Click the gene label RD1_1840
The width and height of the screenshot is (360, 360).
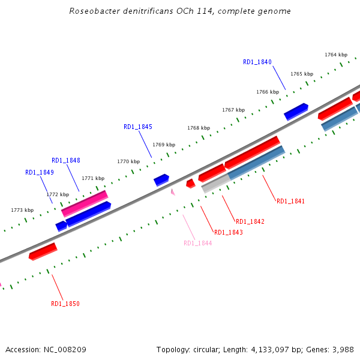click(x=257, y=62)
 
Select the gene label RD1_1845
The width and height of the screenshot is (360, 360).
click(x=138, y=127)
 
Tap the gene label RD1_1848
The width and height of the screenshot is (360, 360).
click(x=66, y=160)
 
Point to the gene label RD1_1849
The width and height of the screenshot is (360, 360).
click(x=40, y=172)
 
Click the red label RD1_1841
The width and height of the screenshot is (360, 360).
click(x=291, y=201)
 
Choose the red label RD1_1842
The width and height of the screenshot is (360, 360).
click(x=250, y=221)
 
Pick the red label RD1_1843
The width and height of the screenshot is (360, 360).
click(x=229, y=232)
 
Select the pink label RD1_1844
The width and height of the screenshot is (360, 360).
click(x=198, y=243)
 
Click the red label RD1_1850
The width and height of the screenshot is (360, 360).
click(x=65, y=304)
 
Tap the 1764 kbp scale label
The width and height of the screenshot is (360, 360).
click(x=335, y=55)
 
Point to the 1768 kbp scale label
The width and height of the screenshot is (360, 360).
click(x=199, y=128)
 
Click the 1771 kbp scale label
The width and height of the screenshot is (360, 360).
click(x=93, y=178)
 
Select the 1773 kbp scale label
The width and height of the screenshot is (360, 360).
click(x=22, y=210)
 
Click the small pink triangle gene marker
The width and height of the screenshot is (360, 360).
click(x=173, y=192)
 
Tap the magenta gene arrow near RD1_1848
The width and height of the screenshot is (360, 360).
click(x=85, y=203)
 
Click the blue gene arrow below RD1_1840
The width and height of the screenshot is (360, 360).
click(x=296, y=111)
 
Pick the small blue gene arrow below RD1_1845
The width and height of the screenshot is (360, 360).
click(x=161, y=179)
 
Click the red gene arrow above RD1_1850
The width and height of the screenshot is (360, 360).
click(x=43, y=251)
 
